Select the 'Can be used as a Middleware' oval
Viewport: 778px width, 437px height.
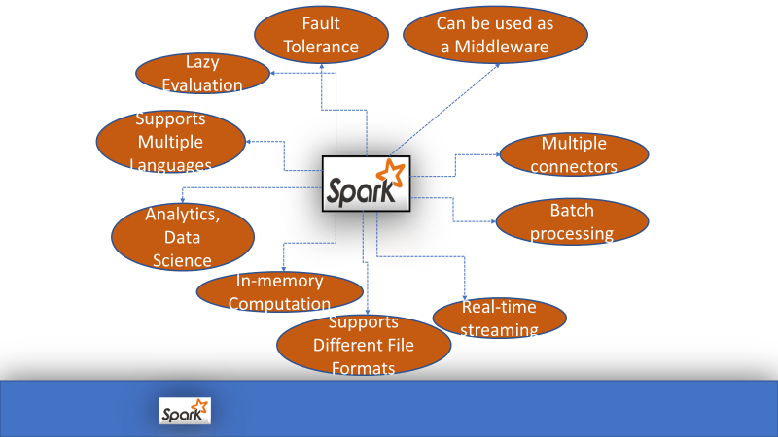[496, 34]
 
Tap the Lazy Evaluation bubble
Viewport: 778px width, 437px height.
[203, 74]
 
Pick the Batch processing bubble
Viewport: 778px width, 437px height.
[571, 221]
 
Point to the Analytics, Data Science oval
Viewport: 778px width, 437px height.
[183, 237]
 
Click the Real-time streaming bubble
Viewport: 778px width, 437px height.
[499, 318]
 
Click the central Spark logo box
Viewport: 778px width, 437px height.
[367, 184]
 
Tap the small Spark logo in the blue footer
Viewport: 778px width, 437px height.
[185, 410]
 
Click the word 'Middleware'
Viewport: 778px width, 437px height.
[496, 45]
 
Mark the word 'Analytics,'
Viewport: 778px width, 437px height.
[183, 215]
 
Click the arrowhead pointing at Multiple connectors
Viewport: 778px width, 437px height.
[499, 152]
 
